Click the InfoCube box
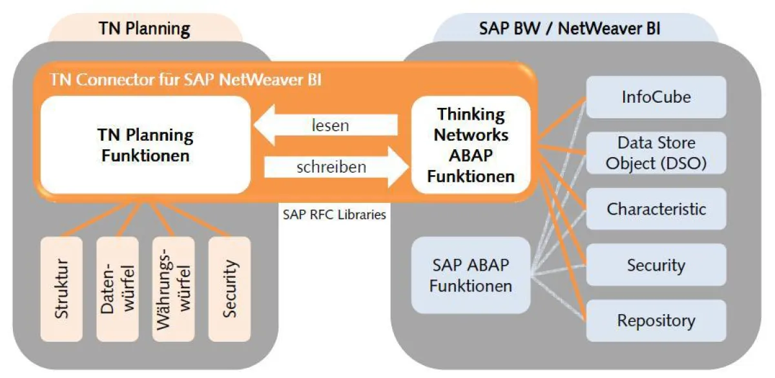[x=656, y=97]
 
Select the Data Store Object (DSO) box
[x=656, y=152]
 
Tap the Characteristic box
[x=656, y=209]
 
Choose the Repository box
[x=656, y=320]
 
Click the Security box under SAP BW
[x=656, y=265]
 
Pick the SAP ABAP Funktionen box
[x=470, y=275]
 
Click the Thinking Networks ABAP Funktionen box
[x=471, y=145]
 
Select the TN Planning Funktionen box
[x=145, y=145]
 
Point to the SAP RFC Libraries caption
[x=334, y=215]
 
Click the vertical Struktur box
[x=62, y=289]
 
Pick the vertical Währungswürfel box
[x=173, y=289]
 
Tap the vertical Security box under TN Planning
[x=229, y=289]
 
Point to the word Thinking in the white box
[x=471, y=114]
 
